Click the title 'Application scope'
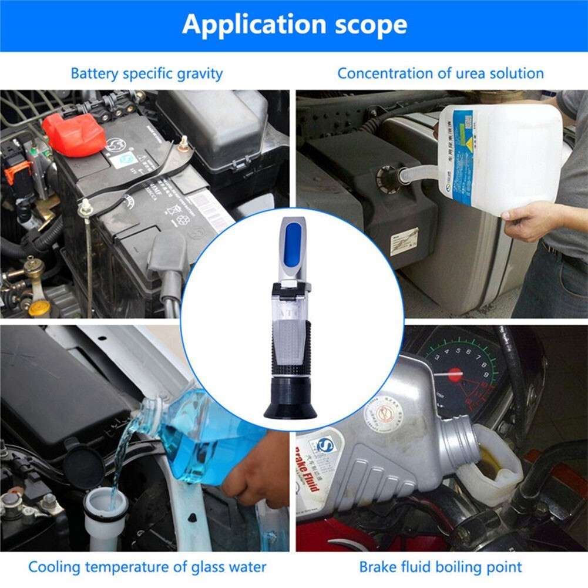coord(294,25)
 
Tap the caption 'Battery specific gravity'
coord(146,73)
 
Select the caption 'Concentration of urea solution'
coord(440,73)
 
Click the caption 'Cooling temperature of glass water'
coord(147,567)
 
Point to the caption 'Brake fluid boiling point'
coord(440,567)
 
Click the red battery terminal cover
coord(73,135)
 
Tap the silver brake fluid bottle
coord(382,446)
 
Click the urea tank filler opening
coord(388,176)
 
